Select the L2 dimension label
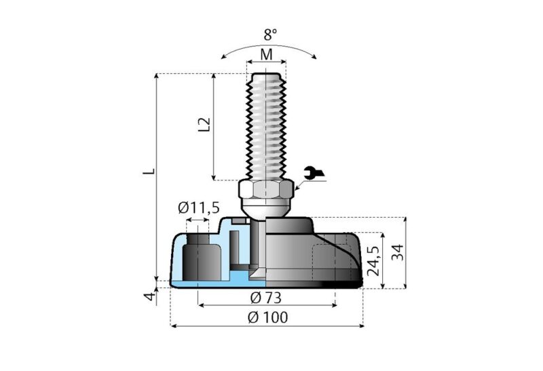point(202,125)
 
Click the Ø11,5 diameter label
point(199,208)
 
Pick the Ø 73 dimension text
point(265,297)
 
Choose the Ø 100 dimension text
point(267,317)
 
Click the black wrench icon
point(313,174)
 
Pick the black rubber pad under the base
point(326,285)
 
